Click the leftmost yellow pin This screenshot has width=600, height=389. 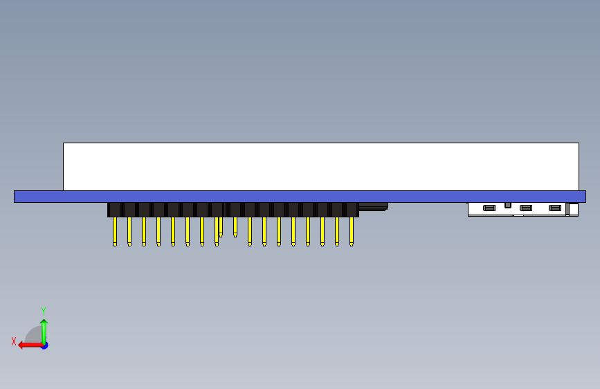tap(115, 231)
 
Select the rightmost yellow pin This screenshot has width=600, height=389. tap(352, 231)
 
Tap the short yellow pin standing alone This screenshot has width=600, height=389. tap(235, 227)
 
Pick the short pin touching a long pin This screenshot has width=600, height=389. tap(221, 227)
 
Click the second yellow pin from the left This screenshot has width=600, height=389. tap(129, 231)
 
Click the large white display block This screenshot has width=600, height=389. tap(321, 167)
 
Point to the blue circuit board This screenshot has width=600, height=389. tap(300, 197)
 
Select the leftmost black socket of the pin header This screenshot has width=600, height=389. tap(114, 210)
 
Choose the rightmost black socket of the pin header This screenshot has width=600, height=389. tap(352, 210)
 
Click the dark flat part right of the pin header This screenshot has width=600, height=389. tap(374, 207)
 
